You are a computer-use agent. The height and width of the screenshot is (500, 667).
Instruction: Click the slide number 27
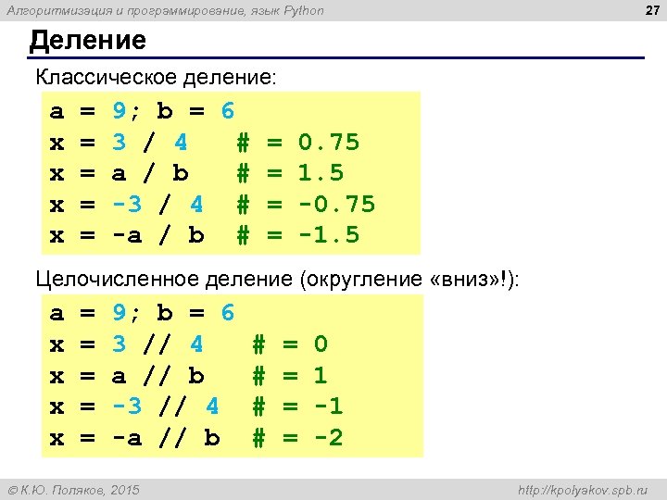point(647,10)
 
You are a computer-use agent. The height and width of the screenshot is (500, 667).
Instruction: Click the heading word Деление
point(87,41)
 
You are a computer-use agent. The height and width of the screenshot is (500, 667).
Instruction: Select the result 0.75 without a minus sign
point(329,143)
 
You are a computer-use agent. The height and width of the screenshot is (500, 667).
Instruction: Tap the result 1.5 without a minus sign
point(321,173)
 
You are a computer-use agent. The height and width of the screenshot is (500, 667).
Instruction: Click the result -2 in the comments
point(328,437)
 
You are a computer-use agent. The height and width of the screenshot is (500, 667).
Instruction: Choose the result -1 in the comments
point(328,406)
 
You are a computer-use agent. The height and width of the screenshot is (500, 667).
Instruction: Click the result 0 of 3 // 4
point(321,344)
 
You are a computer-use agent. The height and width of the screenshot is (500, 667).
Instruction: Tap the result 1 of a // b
point(321,375)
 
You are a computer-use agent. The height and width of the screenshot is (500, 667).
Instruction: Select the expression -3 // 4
point(166,406)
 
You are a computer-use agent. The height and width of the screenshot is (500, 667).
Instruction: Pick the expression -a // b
point(166,437)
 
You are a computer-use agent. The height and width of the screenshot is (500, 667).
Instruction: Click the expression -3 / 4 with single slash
point(158,204)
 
